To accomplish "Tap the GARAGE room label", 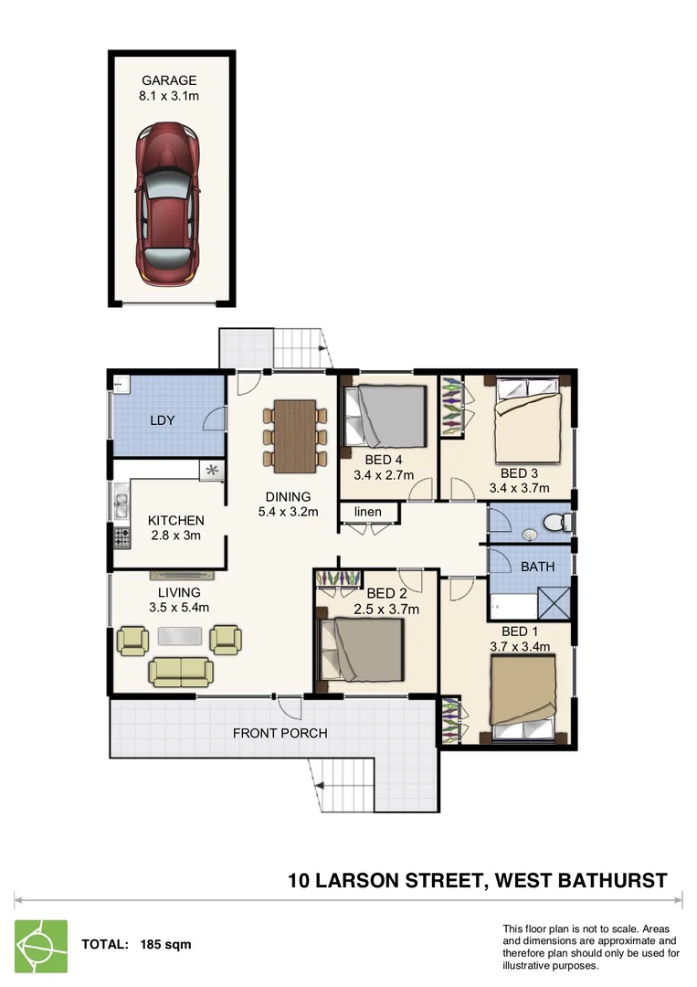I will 169,80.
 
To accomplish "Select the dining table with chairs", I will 295,436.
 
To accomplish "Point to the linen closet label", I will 368,512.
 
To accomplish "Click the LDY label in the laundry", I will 164,420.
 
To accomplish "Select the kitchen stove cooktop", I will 120,536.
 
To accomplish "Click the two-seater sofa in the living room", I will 181,672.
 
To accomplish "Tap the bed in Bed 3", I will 529,423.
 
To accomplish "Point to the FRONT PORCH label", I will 280,733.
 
